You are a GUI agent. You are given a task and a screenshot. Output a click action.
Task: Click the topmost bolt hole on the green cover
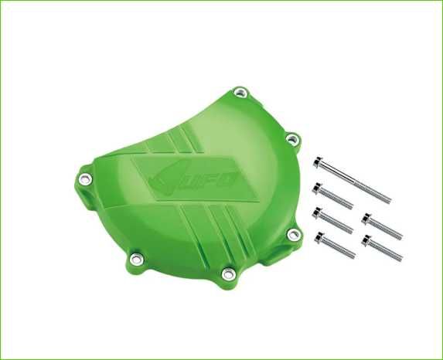[240, 92]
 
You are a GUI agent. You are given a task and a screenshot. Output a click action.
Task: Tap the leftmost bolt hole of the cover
[85, 178]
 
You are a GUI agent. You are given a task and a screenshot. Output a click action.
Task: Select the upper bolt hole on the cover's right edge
[292, 138]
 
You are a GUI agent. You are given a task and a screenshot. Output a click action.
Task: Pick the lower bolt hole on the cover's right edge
[293, 233]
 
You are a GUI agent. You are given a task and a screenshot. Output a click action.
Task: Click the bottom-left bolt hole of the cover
[137, 258]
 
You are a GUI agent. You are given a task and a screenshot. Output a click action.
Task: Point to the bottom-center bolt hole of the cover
[227, 273]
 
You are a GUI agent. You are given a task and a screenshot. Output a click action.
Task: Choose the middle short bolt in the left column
[332, 220]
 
